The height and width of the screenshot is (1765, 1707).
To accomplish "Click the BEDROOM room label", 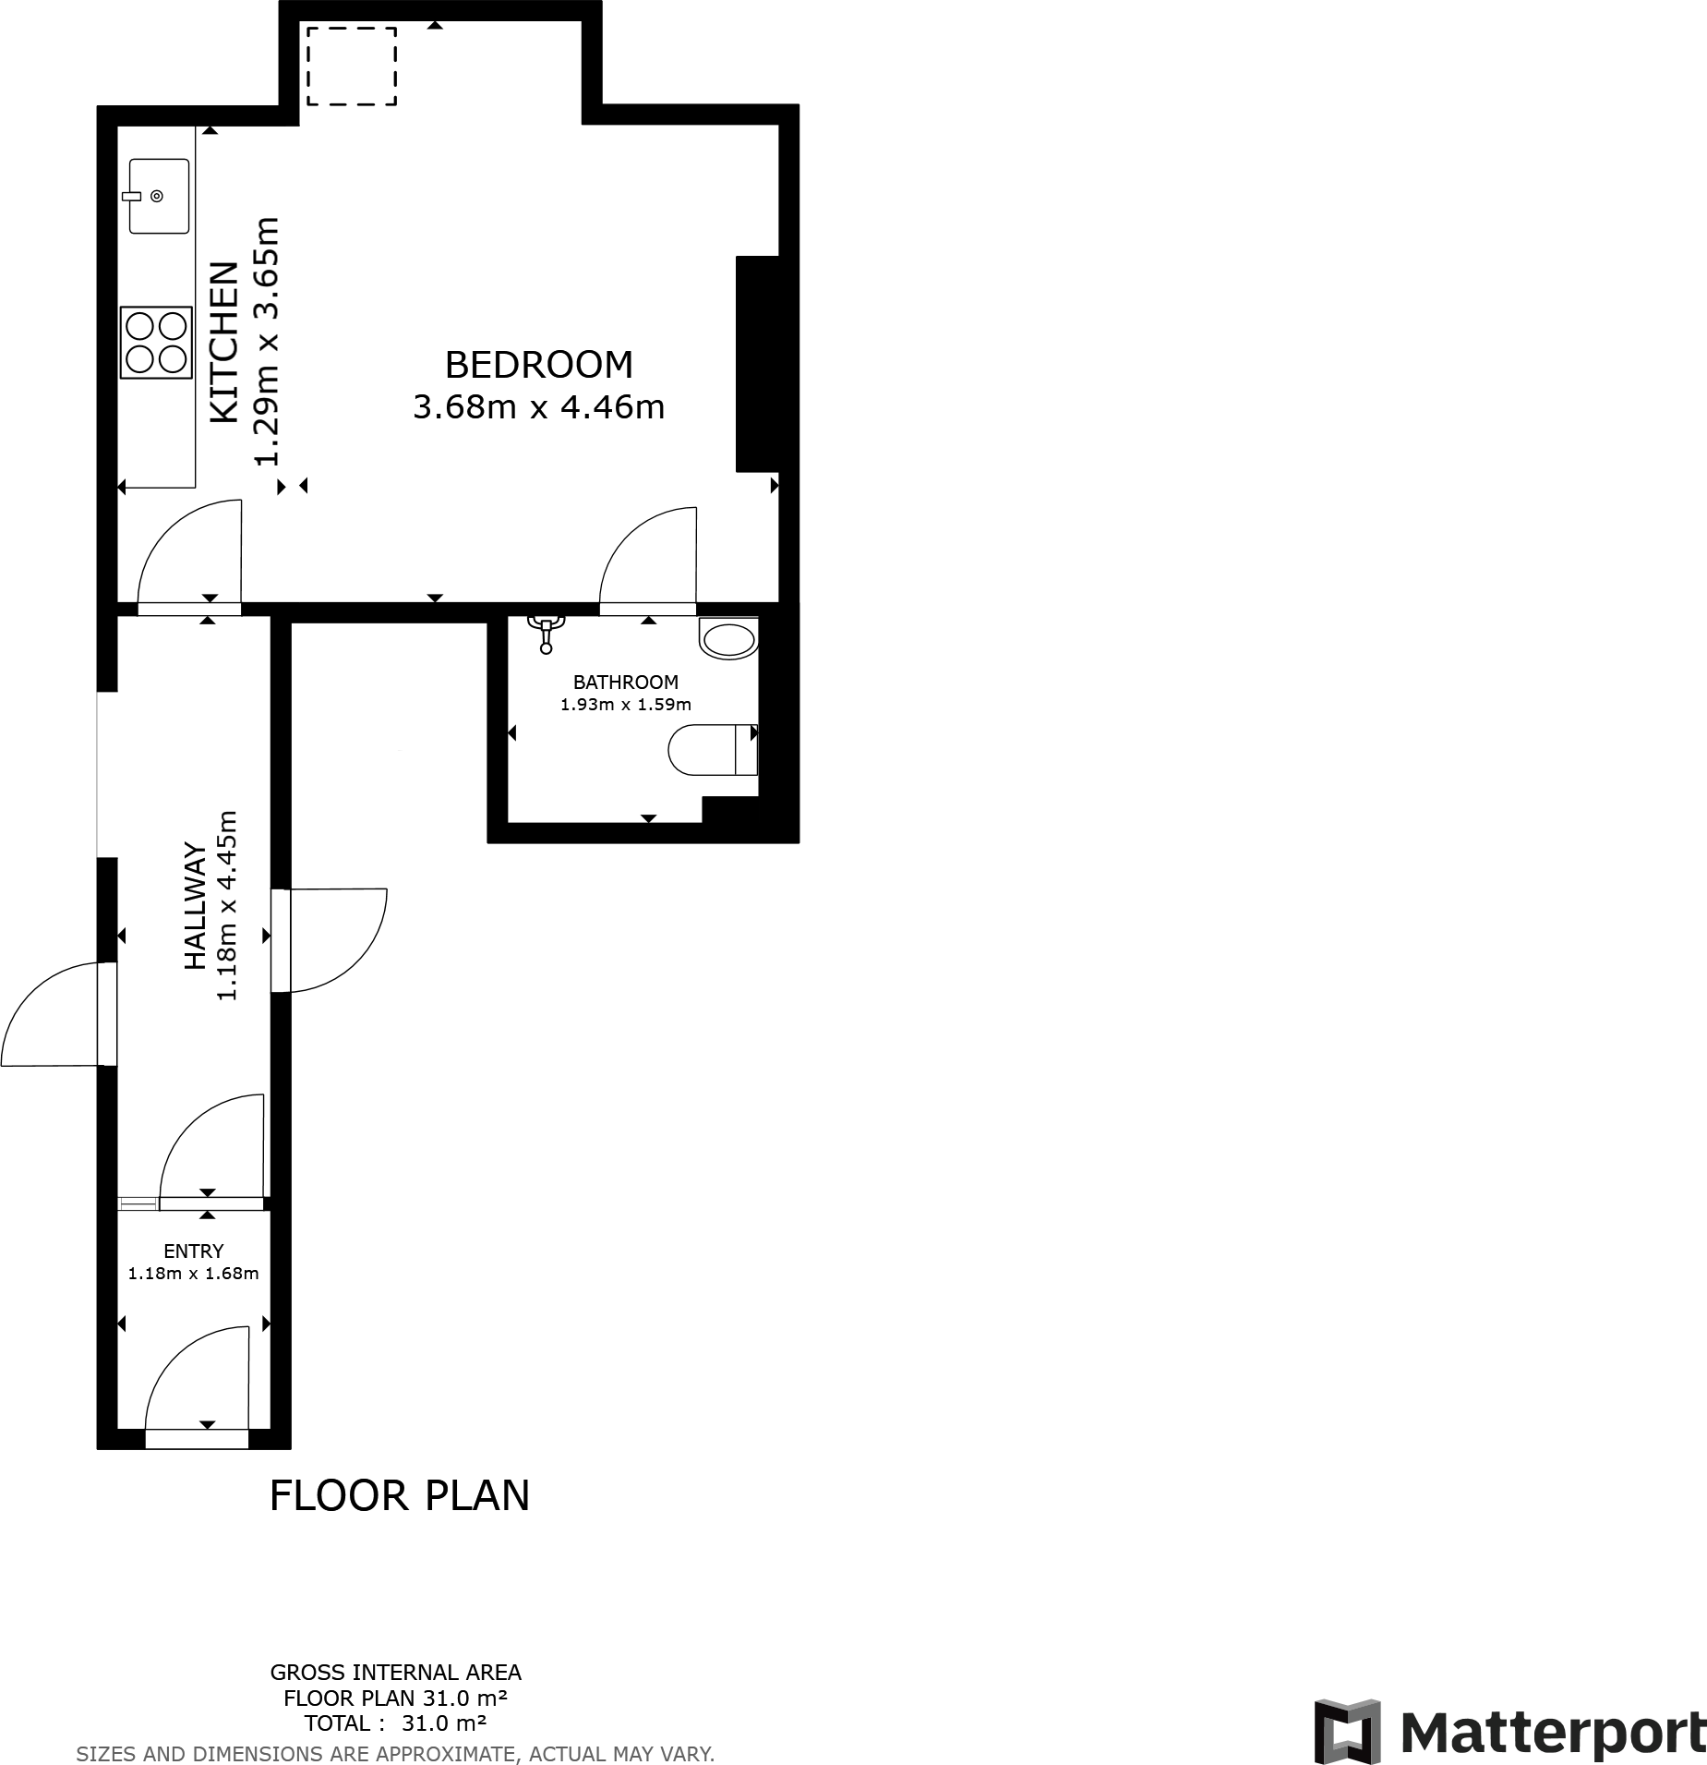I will tap(539, 365).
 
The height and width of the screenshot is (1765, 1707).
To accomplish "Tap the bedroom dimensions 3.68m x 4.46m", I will tap(539, 407).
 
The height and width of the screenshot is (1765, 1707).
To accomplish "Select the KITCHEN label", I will tap(224, 343).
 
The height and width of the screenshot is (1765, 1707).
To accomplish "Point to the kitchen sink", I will tap(159, 196).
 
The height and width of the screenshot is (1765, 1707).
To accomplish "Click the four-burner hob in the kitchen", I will tap(156, 343).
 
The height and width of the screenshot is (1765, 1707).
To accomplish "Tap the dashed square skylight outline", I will tap(352, 66).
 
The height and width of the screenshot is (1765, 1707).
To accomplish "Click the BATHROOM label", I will tap(625, 683).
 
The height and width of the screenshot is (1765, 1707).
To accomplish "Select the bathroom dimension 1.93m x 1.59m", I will tap(625, 705).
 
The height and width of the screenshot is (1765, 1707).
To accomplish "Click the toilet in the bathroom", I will tap(712, 749).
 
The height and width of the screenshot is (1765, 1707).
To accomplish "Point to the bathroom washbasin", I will tap(728, 639).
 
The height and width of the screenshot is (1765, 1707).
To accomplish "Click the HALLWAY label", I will tap(195, 906).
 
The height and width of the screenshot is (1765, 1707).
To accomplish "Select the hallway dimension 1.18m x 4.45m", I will tap(227, 906).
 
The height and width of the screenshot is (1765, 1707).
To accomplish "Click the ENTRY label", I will tap(193, 1251).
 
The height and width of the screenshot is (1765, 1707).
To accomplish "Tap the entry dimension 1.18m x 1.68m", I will tap(193, 1274).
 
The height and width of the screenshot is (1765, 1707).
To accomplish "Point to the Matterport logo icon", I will tap(1348, 1730).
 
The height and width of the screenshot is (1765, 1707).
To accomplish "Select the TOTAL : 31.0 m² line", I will tap(395, 1723).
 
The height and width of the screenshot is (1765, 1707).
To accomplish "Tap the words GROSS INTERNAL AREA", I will tap(395, 1673).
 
